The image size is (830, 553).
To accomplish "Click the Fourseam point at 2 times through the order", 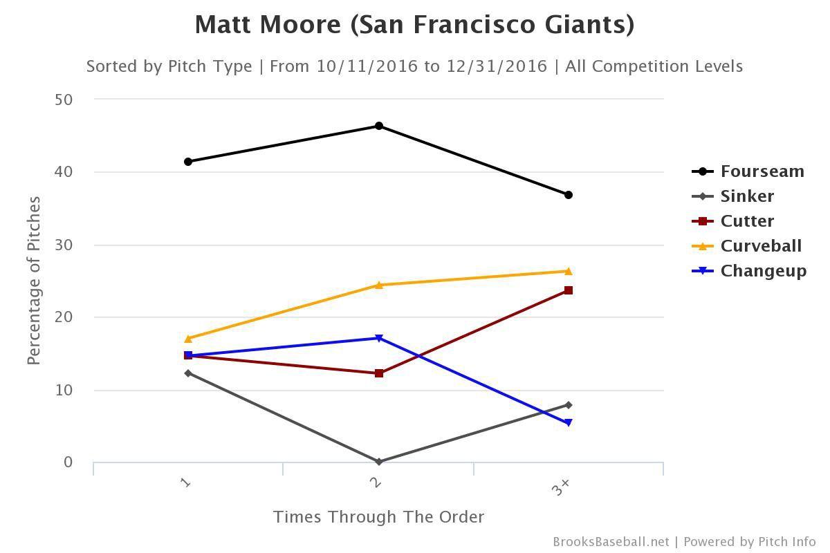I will tap(379, 126).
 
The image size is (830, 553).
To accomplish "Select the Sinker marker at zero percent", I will tap(379, 461).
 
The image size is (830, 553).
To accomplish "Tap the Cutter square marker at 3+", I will tap(569, 290).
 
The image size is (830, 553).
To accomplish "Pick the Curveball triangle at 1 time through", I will tap(188, 339).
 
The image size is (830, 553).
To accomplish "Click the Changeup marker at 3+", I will tap(569, 423).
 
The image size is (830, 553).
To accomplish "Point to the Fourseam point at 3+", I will tap(569, 195).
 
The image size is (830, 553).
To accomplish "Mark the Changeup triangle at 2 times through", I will tap(379, 338).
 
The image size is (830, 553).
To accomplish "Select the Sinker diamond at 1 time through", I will tap(188, 373).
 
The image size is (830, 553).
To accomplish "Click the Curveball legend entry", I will tap(761, 246).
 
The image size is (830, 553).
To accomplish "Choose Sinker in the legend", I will tap(747, 196).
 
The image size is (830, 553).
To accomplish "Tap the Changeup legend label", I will tap(764, 271).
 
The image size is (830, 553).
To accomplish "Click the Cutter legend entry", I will tap(747, 221).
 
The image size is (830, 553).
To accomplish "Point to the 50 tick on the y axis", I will tap(63, 99).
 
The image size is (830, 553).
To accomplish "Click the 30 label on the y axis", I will tap(63, 245).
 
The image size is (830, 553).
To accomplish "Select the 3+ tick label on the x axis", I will tap(561, 487).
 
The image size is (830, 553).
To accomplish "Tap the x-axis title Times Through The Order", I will tap(378, 517).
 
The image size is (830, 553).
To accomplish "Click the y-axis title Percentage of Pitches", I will tap(34, 281).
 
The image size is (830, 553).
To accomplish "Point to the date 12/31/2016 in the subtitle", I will tap(496, 66).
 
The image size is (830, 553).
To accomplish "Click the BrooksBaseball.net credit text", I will tap(611, 542).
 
